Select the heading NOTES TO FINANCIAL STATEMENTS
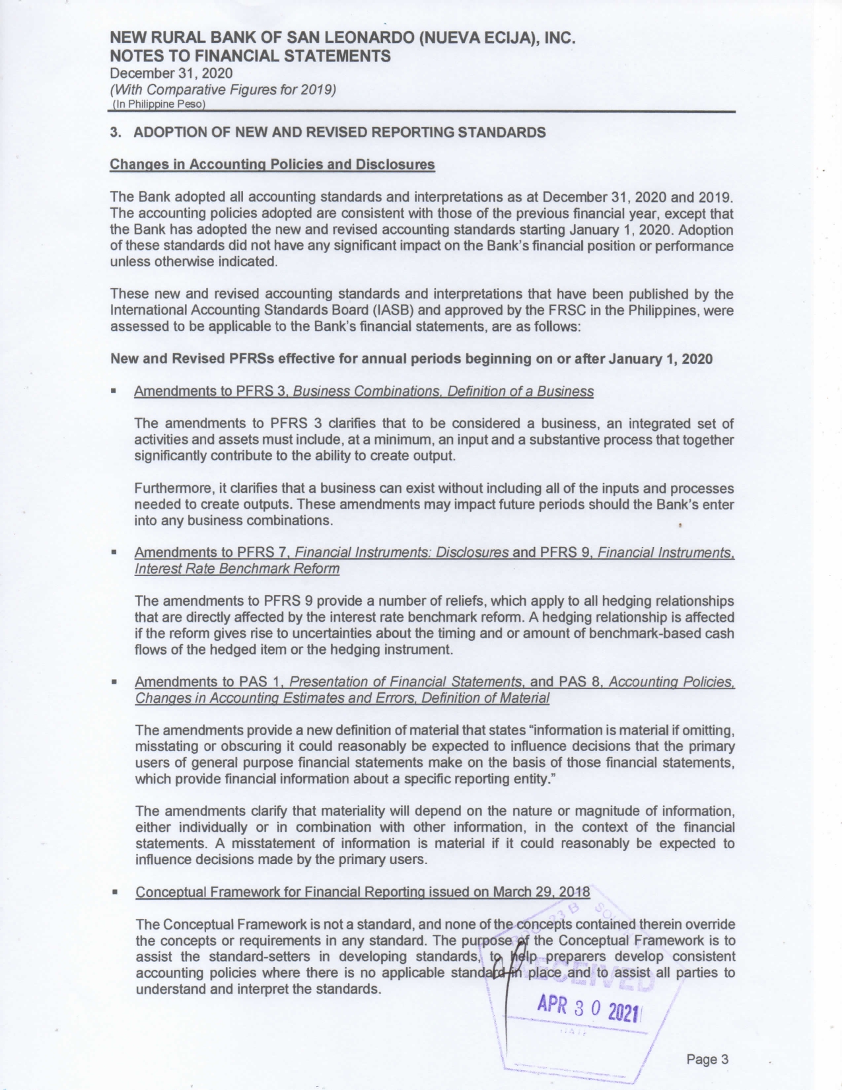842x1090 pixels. (x=250, y=56)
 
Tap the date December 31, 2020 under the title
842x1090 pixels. (x=171, y=73)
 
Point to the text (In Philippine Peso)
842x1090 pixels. (x=158, y=104)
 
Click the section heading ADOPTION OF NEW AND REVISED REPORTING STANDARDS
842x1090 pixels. (x=339, y=132)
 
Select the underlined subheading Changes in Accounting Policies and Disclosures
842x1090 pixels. (x=272, y=164)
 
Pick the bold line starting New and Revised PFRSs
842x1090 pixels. (x=411, y=359)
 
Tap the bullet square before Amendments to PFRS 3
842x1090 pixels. (x=115, y=391)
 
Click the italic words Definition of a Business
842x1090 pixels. (x=520, y=392)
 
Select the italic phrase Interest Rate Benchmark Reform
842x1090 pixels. (x=237, y=569)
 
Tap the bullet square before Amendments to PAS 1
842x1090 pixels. (x=115, y=682)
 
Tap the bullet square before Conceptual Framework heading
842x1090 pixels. (x=115, y=892)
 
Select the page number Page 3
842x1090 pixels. (x=707, y=1060)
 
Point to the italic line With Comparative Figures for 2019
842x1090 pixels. (x=223, y=89)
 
